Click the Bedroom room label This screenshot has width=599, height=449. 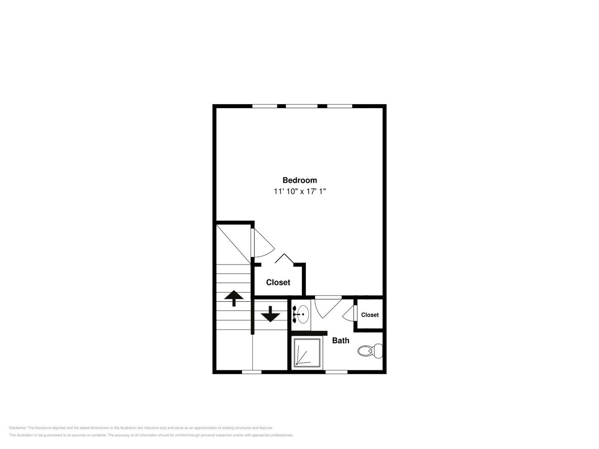pos(299,180)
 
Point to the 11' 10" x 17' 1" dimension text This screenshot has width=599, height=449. pos(299,192)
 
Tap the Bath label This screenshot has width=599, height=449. pos(340,340)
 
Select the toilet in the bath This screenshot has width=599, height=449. pos(370,351)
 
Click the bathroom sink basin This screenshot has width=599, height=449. pos(301,314)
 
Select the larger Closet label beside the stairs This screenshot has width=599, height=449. pos(278,282)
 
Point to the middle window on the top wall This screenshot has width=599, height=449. pos(302,106)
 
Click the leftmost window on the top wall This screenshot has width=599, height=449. pos(265,106)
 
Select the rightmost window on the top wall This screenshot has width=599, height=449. pos(340,106)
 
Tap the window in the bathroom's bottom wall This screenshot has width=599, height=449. pos(336,372)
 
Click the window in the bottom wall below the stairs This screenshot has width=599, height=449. pos(252,372)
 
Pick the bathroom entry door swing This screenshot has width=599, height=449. pos(328,308)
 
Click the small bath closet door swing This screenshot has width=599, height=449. pos(348,313)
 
